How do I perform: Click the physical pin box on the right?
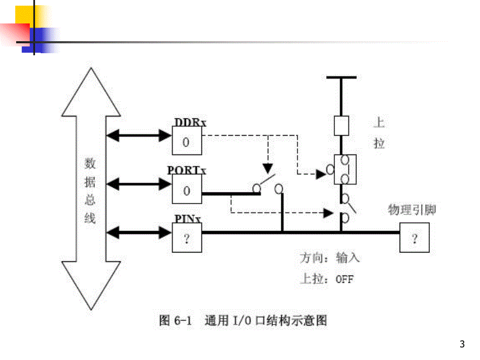tap(415, 238)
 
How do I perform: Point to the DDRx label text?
tap(190, 123)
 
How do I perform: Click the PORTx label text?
tap(187, 171)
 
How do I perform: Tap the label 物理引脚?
tap(412, 210)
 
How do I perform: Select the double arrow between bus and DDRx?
tap(138, 136)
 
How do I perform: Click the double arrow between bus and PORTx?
tap(138, 184)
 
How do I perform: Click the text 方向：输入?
tap(330, 258)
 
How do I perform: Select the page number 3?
tap(462, 344)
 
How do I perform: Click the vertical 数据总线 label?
tap(90, 191)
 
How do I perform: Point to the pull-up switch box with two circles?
tap(345, 169)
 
